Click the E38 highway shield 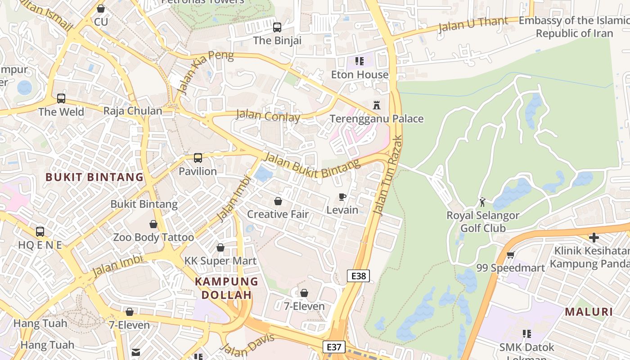coord(358,276)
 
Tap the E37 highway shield coord(334,347)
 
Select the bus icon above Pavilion coord(198,158)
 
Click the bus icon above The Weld coord(61,99)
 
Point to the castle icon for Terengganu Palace coord(377,105)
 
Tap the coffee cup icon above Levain coord(342,197)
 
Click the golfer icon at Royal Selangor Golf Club coord(482,202)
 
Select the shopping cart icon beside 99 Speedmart coord(510,255)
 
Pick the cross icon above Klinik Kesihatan coord(594,237)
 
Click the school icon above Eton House coord(359,61)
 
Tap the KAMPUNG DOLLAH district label coord(226,288)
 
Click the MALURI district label coord(589,312)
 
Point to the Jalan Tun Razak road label coord(388,175)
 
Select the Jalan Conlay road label coord(268,116)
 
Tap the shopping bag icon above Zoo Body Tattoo coord(153,224)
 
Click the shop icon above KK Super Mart coord(220,247)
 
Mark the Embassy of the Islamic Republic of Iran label coord(574,27)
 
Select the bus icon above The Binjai coord(277,27)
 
